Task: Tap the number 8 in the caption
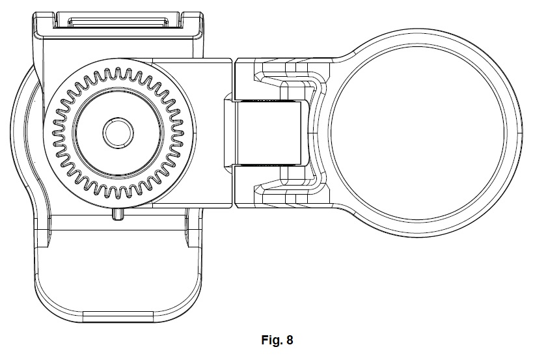[290, 340]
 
